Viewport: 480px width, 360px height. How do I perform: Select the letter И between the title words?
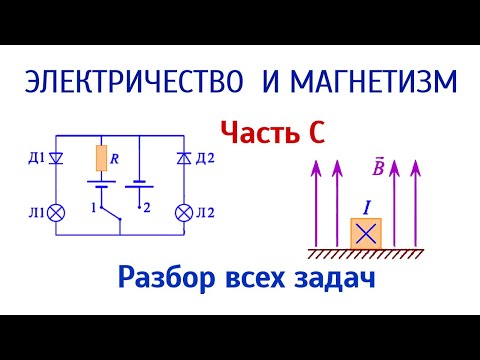(x=271, y=83)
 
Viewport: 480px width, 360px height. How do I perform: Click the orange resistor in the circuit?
(x=101, y=158)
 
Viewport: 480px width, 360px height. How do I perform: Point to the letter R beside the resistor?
(x=117, y=156)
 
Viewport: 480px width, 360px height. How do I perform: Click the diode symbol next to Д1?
(x=57, y=158)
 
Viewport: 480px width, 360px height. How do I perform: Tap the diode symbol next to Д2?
(x=183, y=159)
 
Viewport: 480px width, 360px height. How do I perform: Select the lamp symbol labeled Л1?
(x=57, y=211)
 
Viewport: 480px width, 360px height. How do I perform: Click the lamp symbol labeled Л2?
(x=183, y=211)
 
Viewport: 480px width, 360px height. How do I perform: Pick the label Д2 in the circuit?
(x=206, y=158)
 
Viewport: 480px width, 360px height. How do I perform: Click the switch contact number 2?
(x=147, y=208)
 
